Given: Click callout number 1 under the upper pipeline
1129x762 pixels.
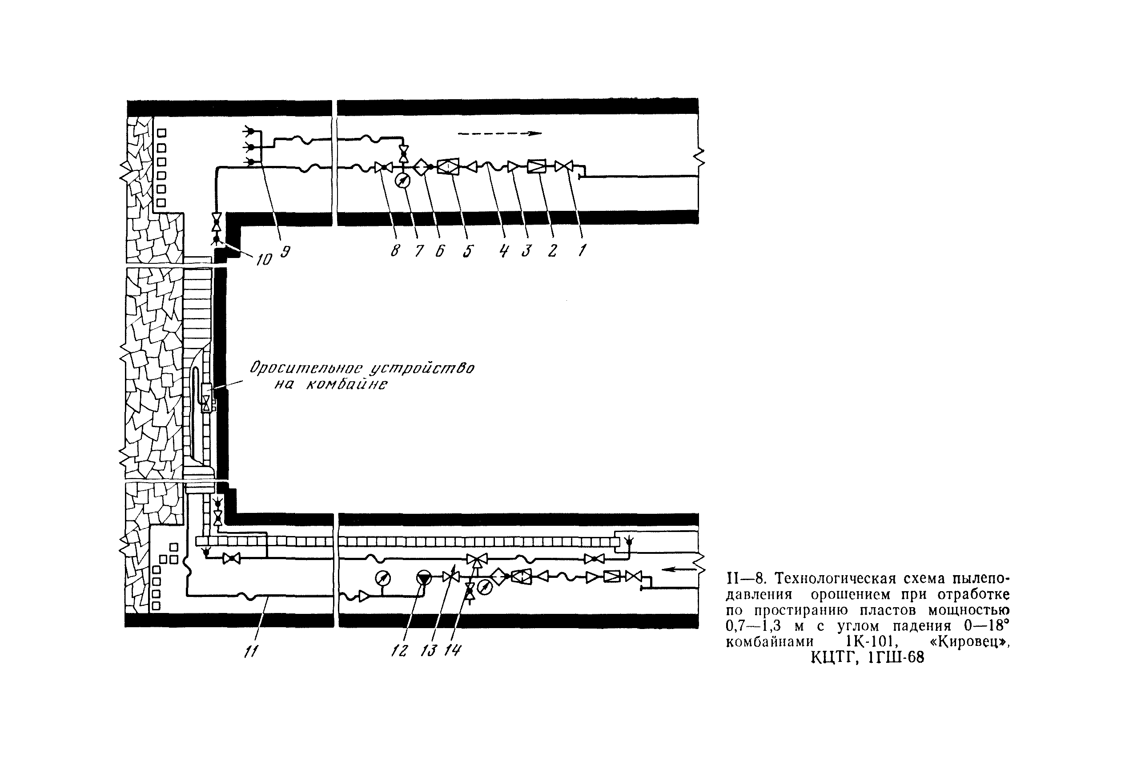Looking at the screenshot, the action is click(582, 251).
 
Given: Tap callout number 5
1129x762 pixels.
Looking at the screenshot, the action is click(468, 251).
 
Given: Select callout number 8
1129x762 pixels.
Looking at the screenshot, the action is click(395, 251).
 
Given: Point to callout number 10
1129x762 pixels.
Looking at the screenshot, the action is click(264, 259).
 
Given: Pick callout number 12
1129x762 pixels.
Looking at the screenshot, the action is click(400, 651).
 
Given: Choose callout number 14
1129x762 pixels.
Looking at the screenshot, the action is click(452, 650).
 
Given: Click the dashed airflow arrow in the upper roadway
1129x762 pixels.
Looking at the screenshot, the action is click(500, 133).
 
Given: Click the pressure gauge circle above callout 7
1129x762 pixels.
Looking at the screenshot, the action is click(402, 181).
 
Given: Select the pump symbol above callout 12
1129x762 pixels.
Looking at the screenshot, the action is click(424, 578).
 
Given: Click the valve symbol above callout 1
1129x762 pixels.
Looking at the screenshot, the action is click(564, 167).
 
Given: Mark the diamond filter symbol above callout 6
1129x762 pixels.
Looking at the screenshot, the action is click(422, 167).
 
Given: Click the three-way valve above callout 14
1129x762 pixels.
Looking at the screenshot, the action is click(477, 559).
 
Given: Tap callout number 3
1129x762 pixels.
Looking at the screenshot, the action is click(526, 251).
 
